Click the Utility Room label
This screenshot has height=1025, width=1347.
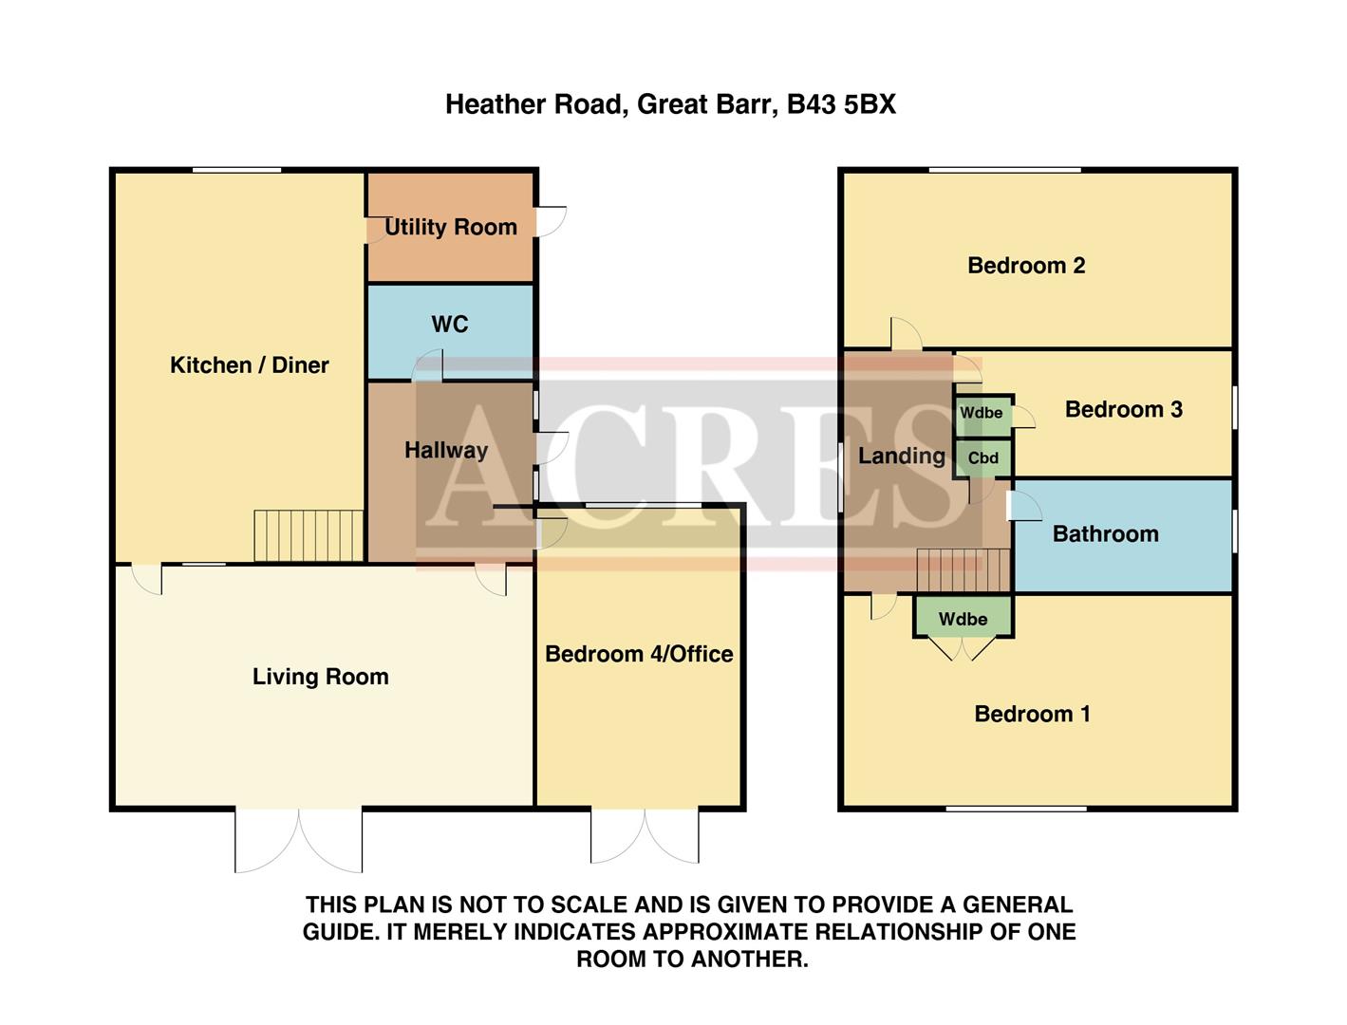451,227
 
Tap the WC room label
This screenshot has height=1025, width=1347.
450,325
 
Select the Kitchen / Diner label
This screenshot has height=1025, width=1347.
249,365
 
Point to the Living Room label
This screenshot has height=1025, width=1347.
320,677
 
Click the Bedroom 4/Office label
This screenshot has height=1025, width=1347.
639,654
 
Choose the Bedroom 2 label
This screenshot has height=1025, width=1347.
1026,266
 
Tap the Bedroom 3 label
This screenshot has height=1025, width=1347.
1124,410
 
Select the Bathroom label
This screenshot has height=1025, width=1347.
1105,534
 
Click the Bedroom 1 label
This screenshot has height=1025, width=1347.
1032,714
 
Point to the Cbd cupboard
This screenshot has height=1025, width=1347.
983,458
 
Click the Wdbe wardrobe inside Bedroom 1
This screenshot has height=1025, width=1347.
963,619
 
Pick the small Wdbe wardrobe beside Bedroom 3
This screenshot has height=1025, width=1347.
982,414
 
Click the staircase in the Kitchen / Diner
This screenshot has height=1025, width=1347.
309,536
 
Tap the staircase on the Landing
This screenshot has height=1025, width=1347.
963,571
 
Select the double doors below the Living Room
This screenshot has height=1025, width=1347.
299,839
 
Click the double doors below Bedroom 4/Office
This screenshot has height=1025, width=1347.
645,835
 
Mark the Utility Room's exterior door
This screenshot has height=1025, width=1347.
552,221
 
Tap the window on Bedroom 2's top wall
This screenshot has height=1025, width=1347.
1004,171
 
